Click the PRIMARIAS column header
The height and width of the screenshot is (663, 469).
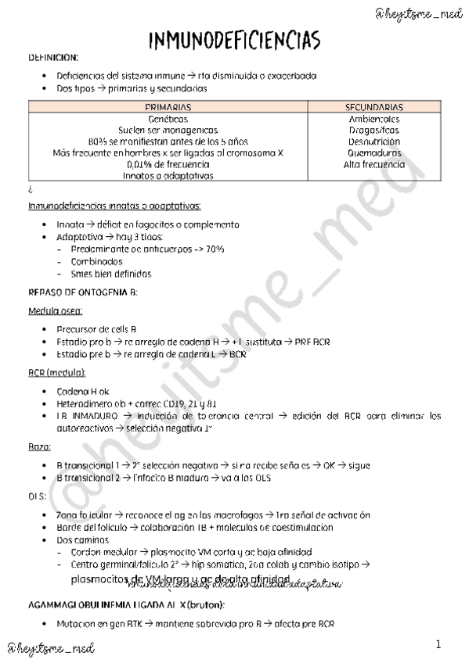(x=170, y=106)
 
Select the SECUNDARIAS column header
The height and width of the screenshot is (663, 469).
(x=374, y=106)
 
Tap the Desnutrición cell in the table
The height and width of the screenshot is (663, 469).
(x=374, y=142)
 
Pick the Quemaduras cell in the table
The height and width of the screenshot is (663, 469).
(x=374, y=153)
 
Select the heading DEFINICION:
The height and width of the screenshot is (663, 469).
(x=53, y=58)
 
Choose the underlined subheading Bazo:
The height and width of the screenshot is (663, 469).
(x=38, y=446)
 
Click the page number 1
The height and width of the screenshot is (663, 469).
(x=438, y=644)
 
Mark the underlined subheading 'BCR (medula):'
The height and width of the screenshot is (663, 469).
(x=57, y=371)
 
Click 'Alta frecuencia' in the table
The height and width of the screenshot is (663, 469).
(x=374, y=165)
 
